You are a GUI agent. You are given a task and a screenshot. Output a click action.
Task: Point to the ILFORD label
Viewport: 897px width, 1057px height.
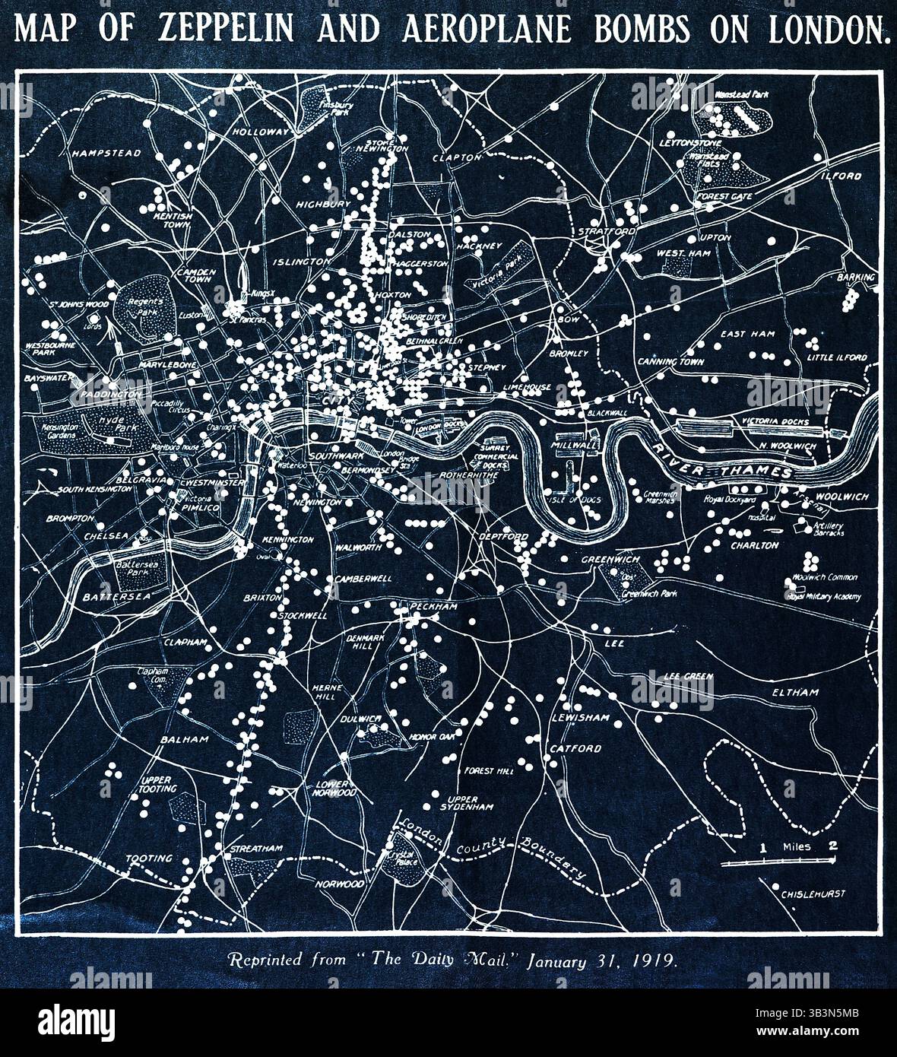(840, 176)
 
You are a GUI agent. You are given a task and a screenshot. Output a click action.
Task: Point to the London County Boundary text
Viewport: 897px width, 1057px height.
(494, 848)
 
